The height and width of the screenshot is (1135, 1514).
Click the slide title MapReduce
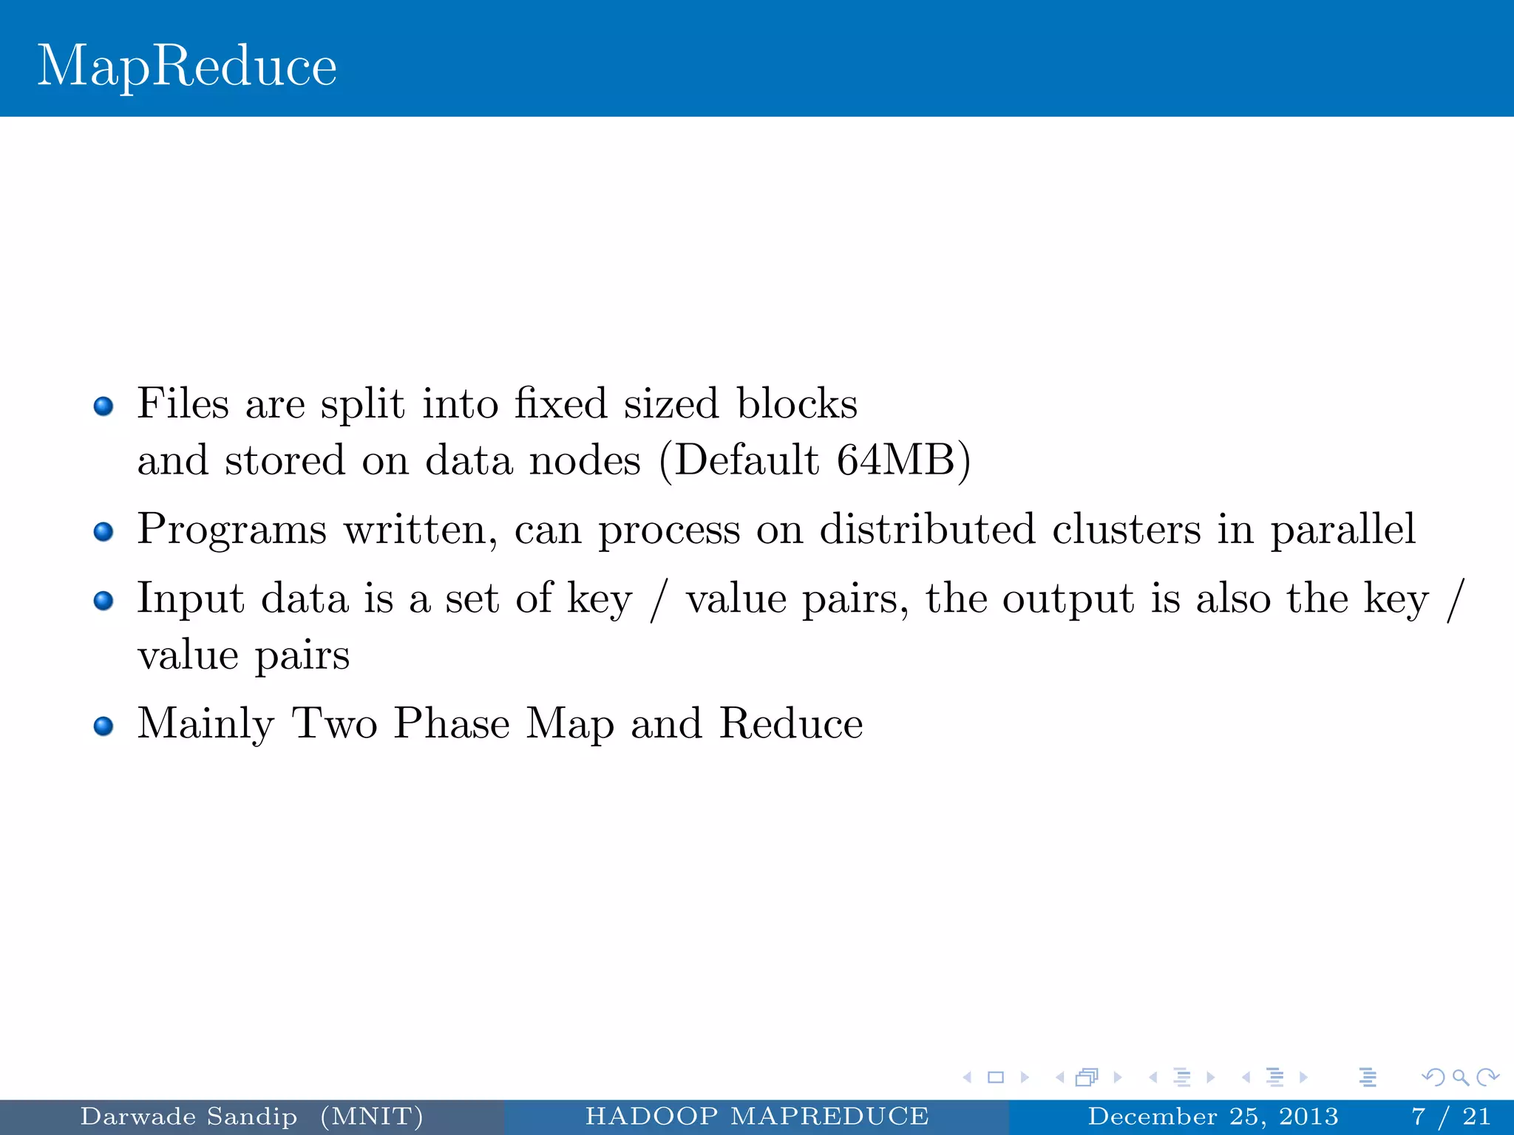click(x=187, y=67)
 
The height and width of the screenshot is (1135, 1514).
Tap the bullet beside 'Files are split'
click(x=103, y=406)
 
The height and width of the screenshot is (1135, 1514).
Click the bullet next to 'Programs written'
click(x=103, y=532)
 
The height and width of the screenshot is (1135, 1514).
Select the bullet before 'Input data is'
click(x=103, y=601)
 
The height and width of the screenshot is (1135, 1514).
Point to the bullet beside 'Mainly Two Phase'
click(x=103, y=726)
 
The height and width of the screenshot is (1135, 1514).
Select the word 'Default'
click(x=747, y=460)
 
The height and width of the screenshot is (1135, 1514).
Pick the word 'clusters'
click(x=1127, y=529)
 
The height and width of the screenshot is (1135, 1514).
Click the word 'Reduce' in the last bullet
click(x=791, y=723)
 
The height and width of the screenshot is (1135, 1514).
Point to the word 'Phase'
click(x=452, y=723)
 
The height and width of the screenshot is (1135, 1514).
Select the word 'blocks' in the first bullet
click(x=797, y=403)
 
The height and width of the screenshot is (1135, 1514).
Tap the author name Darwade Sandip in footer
click(x=189, y=1116)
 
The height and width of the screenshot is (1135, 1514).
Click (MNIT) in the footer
click(x=372, y=1116)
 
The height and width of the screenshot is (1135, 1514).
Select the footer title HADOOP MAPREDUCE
click(x=757, y=1116)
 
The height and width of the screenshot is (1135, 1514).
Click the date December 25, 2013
click(x=1213, y=1116)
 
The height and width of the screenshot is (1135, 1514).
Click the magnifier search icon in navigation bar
click(x=1460, y=1077)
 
